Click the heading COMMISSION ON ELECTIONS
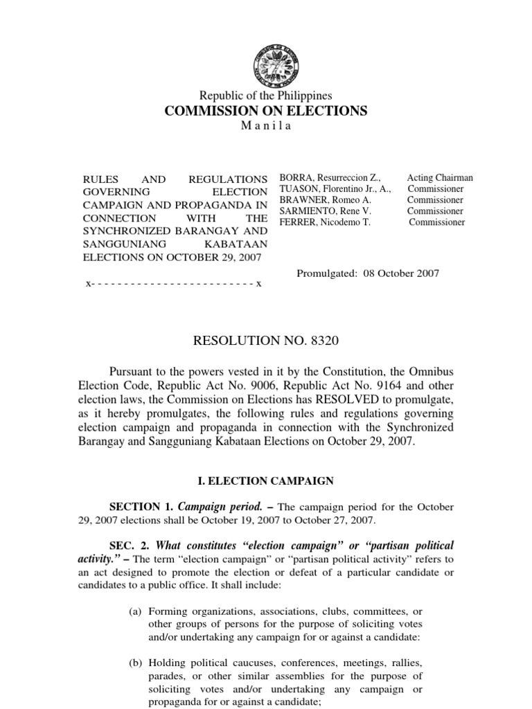point(266,111)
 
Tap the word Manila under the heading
point(266,126)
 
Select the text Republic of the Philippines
point(266,96)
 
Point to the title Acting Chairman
point(440,178)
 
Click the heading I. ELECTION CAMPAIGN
point(266,480)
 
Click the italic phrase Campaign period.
point(218,508)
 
